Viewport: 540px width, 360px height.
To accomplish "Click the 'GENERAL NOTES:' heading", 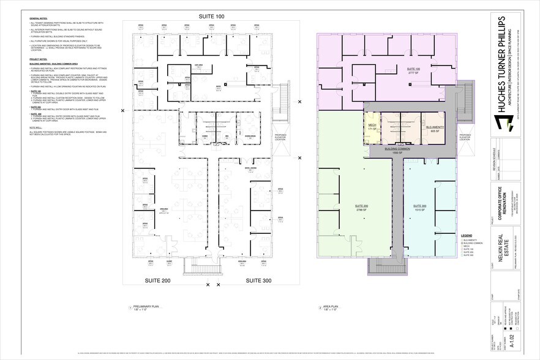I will (40, 20).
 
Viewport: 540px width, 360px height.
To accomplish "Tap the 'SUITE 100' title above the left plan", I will (212, 15).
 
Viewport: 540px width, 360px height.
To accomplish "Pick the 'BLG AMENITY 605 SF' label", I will (435, 129).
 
